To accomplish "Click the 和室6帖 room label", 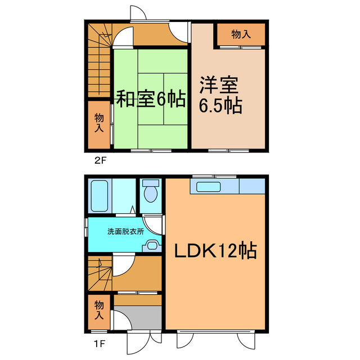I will (x=151, y=100).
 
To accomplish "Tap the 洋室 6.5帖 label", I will (x=220, y=96).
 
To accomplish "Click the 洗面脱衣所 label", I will (x=125, y=231).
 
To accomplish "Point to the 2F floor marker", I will (x=100, y=160).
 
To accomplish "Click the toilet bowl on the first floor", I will (x=150, y=194).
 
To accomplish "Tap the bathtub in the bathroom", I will (x=98, y=195).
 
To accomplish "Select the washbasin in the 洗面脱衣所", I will (x=151, y=244).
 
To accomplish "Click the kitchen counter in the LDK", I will (x=227, y=186).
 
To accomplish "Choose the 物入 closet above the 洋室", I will (x=241, y=35).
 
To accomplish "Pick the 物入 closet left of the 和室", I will (x=99, y=123).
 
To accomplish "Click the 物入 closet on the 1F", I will (x=98, y=311).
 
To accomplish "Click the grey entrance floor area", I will (x=138, y=317).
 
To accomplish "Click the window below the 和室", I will (x=151, y=151).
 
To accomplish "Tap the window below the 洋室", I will (x=228, y=151).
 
